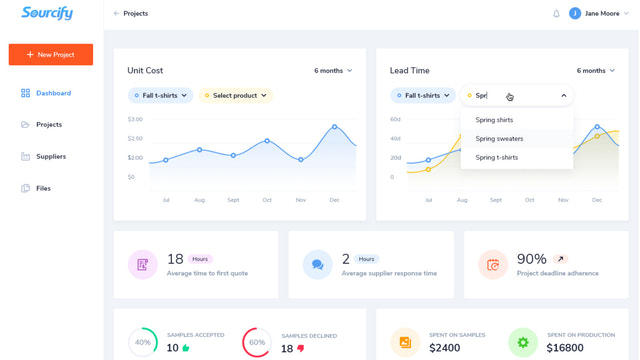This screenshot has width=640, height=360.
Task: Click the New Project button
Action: click(51, 54)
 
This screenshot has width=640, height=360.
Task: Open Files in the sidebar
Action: click(43, 188)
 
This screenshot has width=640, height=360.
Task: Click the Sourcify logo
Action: click(47, 14)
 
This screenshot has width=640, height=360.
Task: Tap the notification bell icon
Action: click(556, 14)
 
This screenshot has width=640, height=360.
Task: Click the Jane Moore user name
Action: click(602, 14)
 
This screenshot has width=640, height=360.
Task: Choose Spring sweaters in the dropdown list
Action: click(499, 139)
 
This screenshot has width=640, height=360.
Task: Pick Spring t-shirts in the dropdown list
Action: click(496, 158)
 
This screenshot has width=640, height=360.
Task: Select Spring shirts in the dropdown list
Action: click(494, 120)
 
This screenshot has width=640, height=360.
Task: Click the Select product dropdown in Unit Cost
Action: click(235, 96)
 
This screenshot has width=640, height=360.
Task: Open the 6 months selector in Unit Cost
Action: click(333, 71)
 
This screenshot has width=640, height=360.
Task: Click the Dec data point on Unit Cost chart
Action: click(335, 127)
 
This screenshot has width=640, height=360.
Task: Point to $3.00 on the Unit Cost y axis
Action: click(135, 119)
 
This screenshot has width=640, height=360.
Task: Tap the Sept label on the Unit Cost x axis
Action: click(233, 200)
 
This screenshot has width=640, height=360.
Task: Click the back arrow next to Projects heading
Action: click(116, 14)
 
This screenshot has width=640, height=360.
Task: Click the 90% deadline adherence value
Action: click(531, 259)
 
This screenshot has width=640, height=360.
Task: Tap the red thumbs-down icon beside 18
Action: click(301, 349)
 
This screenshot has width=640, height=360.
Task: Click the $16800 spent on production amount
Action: click(565, 348)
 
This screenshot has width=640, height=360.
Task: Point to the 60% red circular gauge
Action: click(257, 343)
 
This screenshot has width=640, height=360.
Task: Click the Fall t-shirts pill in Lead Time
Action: click(422, 96)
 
